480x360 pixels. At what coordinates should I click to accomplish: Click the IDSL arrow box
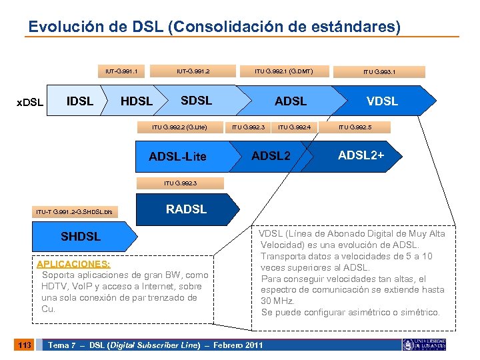click(x=81, y=101)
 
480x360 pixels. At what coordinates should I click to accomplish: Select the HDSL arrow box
click(x=136, y=101)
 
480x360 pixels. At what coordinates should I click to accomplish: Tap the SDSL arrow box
click(x=197, y=101)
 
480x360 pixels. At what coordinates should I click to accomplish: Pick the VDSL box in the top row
click(x=382, y=101)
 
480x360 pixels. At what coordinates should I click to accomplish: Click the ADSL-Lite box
click(x=177, y=157)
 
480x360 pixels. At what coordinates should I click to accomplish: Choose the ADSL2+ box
click(x=361, y=155)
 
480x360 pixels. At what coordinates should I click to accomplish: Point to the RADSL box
click(x=186, y=209)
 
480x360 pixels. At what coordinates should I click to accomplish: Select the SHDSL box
click(x=81, y=237)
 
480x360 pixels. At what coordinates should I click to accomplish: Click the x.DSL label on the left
click(x=30, y=102)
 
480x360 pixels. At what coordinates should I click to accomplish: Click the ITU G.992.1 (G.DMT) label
click(x=283, y=71)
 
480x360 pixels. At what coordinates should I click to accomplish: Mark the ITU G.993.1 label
click(x=379, y=71)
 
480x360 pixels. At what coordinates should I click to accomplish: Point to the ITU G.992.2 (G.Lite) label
click(x=179, y=126)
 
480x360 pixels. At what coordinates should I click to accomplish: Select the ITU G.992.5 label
click(x=355, y=126)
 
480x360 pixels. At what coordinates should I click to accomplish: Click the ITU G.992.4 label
click(x=294, y=126)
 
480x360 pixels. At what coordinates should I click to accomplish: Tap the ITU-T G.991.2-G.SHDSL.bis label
click(x=75, y=212)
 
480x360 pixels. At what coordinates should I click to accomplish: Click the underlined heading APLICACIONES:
click(x=73, y=263)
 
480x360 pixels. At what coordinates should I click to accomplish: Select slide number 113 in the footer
click(x=24, y=345)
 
